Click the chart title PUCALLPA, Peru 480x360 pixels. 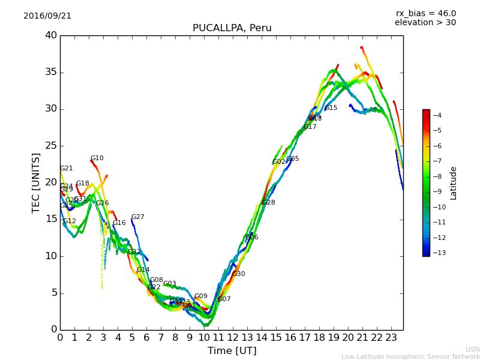[x=232, y=28]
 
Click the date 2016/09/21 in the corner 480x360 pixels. [x=47, y=16]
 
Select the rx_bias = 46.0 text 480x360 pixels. [x=425, y=14]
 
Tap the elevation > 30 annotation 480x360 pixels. [x=425, y=23]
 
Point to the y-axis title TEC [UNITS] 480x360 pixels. [x=36, y=183]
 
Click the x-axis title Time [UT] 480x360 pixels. [x=232, y=351]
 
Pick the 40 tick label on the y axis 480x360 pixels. [x=51, y=35]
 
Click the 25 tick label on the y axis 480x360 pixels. [x=51, y=146]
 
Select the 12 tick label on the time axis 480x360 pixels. [x=233, y=338]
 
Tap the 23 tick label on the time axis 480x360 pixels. [x=392, y=338]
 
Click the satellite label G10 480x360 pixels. [x=97, y=158]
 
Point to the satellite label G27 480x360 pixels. [x=138, y=217]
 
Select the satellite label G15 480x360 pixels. [x=331, y=108]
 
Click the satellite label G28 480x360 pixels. [x=269, y=203]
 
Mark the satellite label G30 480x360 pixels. [x=239, y=274]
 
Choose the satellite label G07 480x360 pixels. [x=224, y=299]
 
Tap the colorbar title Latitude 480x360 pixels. [x=454, y=183]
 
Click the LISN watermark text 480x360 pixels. [x=473, y=349]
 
